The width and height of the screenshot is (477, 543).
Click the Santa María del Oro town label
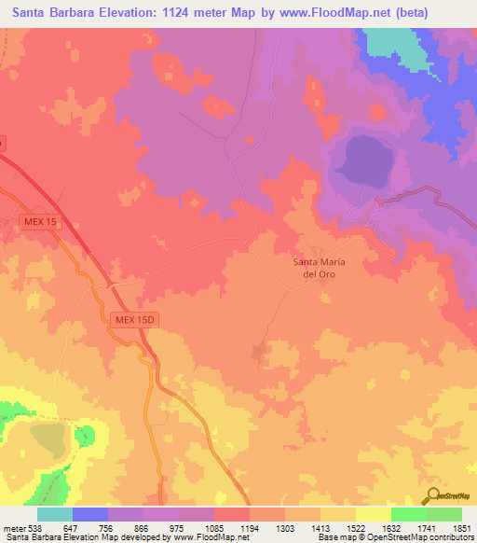click(x=320, y=268)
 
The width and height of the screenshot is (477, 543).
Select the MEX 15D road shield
click(x=138, y=319)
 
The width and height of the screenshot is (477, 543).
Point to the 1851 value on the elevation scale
click(x=462, y=527)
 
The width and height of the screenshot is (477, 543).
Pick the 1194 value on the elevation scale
click(x=250, y=527)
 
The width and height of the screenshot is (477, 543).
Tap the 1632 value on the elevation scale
click(x=391, y=527)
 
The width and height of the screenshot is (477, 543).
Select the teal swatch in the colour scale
click(x=55, y=514)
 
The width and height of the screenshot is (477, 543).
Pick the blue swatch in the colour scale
click(x=90, y=514)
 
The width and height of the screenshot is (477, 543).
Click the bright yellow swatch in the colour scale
click(x=374, y=514)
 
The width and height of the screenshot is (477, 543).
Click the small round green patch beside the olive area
click(x=86, y=435)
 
